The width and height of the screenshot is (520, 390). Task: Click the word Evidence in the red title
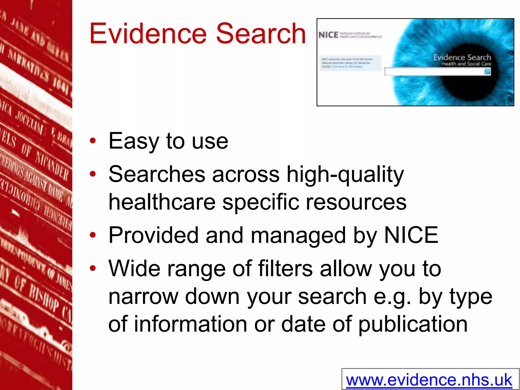tap(148, 34)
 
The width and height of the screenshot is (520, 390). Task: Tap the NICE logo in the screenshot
tap(328, 35)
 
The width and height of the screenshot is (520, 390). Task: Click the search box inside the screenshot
tap(434, 72)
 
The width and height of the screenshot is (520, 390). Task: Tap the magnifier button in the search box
tap(487, 72)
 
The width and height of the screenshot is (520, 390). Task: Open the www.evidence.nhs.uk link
tap(429, 380)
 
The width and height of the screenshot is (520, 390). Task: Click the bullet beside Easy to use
tap(93, 141)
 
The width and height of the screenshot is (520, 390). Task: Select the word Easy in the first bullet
tap(134, 141)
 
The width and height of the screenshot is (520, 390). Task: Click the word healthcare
tap(162, 202)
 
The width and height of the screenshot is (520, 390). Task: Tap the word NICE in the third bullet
tap(411, 235)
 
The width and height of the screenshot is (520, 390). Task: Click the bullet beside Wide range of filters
tap(93, 268)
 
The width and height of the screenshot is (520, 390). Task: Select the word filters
tap(285, 269)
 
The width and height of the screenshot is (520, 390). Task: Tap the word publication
tap(413, 324)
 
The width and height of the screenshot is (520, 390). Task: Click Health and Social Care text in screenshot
tap(466, 64)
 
